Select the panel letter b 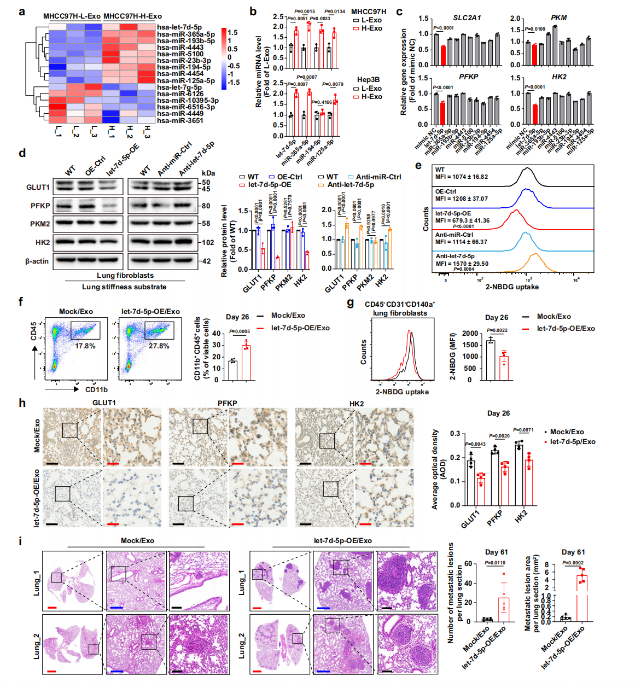253,11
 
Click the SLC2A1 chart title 467,18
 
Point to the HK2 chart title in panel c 559,77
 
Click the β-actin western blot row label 37,261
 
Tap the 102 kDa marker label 208,242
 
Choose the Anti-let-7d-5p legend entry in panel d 351,185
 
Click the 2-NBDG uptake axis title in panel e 512,287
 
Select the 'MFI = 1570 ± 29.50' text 462,263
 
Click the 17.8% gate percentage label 85,346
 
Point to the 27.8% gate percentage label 159,346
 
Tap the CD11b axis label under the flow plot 96,389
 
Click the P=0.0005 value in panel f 240,331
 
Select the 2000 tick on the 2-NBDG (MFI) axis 470,334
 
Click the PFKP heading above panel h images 228,403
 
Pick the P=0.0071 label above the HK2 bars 523,430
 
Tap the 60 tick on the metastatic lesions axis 468,564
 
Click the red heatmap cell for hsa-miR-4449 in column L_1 58,114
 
